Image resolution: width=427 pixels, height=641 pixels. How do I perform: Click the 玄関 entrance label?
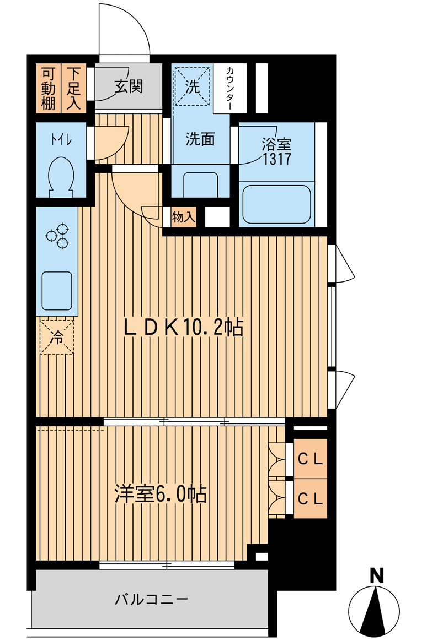129,86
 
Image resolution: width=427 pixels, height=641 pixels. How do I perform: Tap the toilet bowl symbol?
61,175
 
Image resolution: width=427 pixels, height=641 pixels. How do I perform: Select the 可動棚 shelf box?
49,88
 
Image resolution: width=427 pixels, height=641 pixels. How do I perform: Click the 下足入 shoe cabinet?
74,88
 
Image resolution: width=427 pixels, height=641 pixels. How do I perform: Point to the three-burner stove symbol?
57,236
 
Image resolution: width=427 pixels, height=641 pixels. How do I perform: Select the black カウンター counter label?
229,89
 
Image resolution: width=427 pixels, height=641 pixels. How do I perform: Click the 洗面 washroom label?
200,139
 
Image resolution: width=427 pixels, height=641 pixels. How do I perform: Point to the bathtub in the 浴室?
277,204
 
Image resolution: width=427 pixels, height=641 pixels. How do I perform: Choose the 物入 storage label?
183,217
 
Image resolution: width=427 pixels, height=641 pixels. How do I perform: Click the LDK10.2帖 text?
182,328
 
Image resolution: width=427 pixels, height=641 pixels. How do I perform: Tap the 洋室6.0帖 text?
161,494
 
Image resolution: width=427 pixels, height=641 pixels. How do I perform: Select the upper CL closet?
310,459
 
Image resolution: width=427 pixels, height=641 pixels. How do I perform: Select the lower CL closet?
310,498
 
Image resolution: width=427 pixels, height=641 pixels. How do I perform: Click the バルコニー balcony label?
152,599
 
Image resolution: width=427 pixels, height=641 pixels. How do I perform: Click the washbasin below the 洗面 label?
200,183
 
